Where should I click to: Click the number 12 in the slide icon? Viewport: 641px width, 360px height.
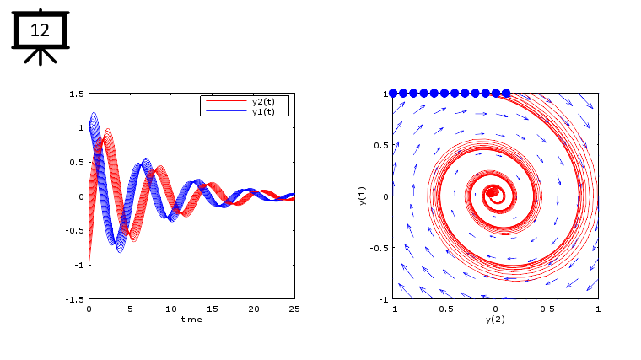(40, 31)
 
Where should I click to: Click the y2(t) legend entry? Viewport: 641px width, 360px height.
(269, 101)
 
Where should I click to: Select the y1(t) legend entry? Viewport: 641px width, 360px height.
(269, 110)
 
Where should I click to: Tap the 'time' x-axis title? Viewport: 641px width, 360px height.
(191, 319)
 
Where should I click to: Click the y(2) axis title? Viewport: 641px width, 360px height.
(495, 320)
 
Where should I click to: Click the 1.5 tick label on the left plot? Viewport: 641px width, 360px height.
(77, 94)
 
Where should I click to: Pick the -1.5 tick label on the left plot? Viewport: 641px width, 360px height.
(75, 299)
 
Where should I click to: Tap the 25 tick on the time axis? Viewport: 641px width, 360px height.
(294, 309)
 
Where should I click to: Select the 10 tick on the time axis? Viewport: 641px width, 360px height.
(171, 309)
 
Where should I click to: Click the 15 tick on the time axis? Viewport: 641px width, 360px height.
(213, 309)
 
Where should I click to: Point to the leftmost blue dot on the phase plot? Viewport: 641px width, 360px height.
(393, 94)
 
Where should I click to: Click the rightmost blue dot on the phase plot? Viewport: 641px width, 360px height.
(506, 94)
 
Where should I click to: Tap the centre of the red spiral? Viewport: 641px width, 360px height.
(493, 192)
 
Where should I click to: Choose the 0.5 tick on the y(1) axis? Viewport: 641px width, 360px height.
(380, 145)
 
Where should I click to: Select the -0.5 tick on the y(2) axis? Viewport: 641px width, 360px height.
(443, 309)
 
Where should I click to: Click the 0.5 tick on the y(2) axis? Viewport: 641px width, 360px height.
(547, 309)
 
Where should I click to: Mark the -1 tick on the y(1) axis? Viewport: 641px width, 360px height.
(382, 299)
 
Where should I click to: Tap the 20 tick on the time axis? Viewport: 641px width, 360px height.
(253, 309)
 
